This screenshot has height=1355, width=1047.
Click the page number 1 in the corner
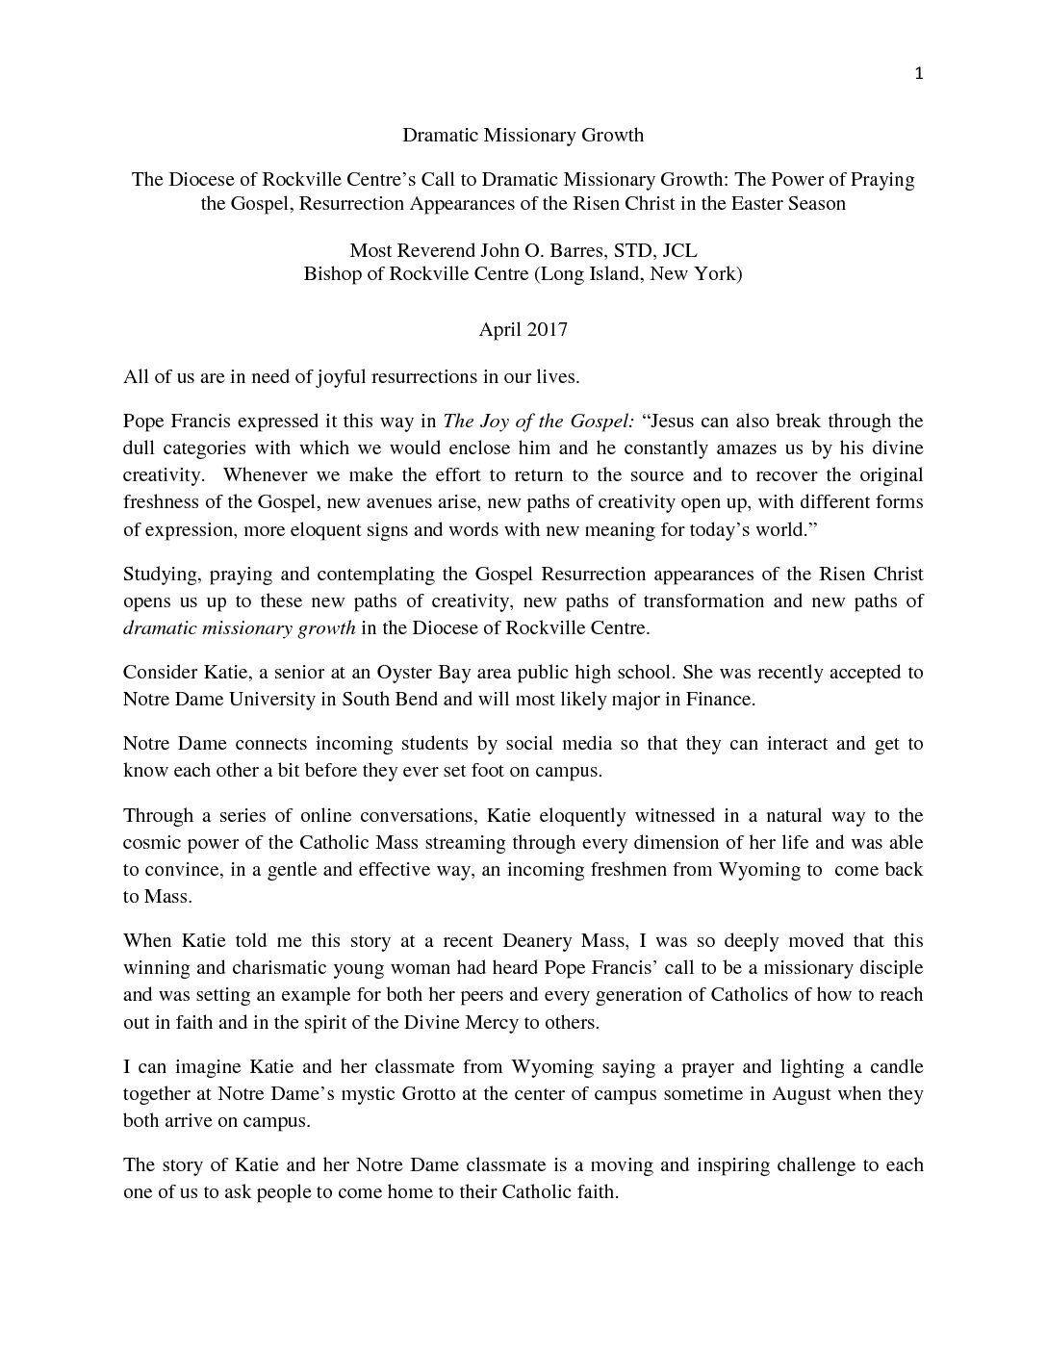point(919,74)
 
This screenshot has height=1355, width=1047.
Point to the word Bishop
point(331,273)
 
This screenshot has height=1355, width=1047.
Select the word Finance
point(720,699)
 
